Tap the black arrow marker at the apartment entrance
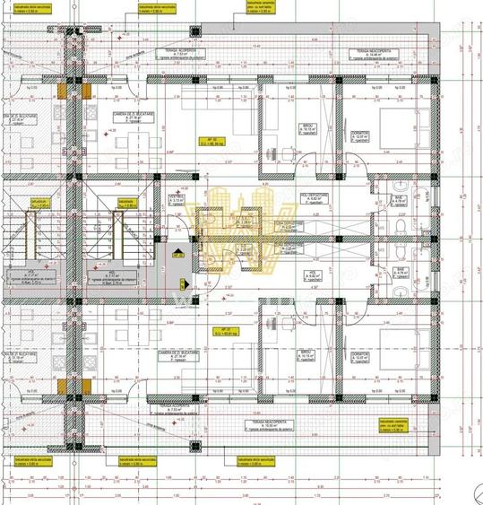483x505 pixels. [x=178, y=254]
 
